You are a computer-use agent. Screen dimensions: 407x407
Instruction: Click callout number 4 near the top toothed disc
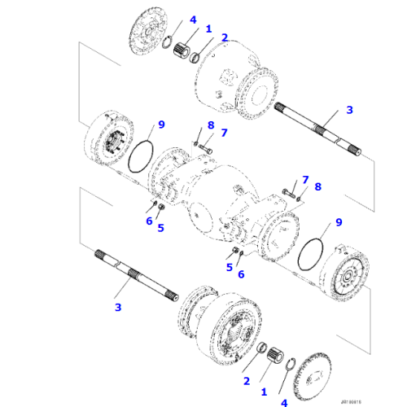pos(193,20)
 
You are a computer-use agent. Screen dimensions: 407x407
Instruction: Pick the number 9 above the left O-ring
pos(161,125)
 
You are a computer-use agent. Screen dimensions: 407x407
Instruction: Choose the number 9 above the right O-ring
pos(339,221)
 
